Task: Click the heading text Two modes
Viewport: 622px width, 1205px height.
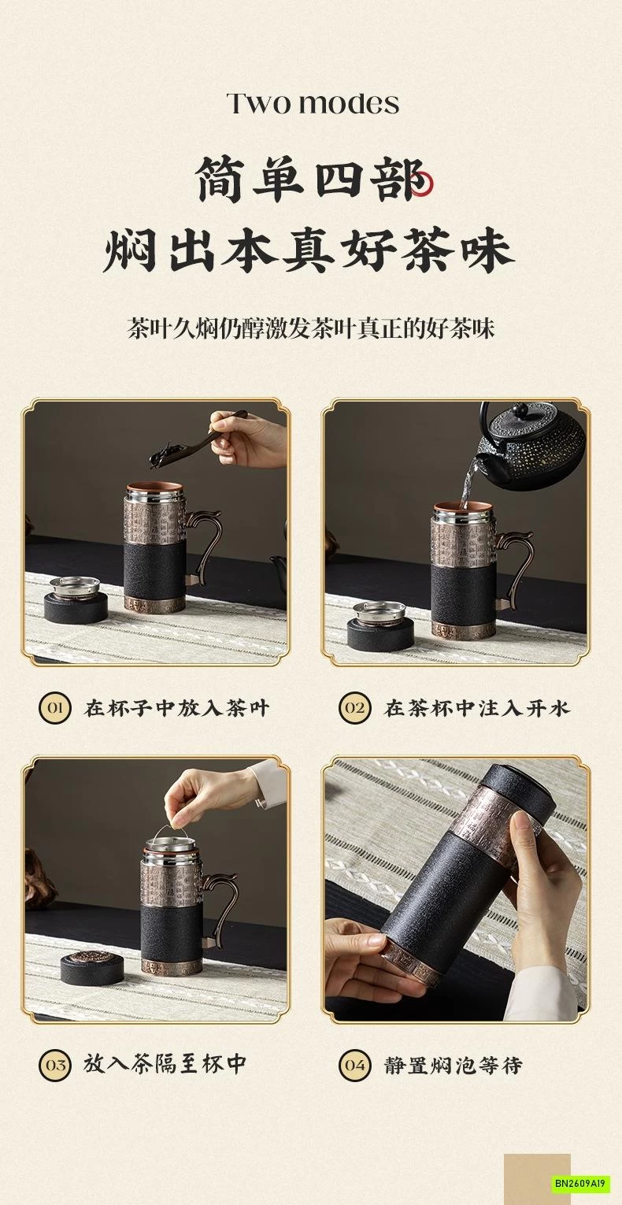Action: pyautogui.click(x=313, y=103)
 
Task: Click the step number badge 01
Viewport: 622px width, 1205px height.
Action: pyautogui.click(x=55, y=707)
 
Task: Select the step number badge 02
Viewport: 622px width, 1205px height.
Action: pyautogui.click(x=355, y=707)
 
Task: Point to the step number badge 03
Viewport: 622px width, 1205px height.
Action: pyautogui.click(x=55, y=1065)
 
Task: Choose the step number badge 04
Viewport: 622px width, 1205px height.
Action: pyautogui.click(x=355, y=1066)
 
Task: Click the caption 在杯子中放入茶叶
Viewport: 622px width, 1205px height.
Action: pyautogui.click(x=177, y=707)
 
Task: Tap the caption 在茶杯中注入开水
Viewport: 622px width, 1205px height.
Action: pyautogui.click(x=476, y=707)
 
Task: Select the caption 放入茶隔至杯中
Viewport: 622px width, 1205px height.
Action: pyautogui.click(x=165, y=1065)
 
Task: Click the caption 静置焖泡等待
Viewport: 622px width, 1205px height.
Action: pyautogui.click(x=454, y=1066)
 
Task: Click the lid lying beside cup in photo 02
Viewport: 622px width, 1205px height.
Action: pyautogui.click(x=379, y=626)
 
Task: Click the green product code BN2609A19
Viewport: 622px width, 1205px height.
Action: pyautogui.click(x=581, y=1184)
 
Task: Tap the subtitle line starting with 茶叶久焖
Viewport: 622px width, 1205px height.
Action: pyautogui.click(x=311, y=328)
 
